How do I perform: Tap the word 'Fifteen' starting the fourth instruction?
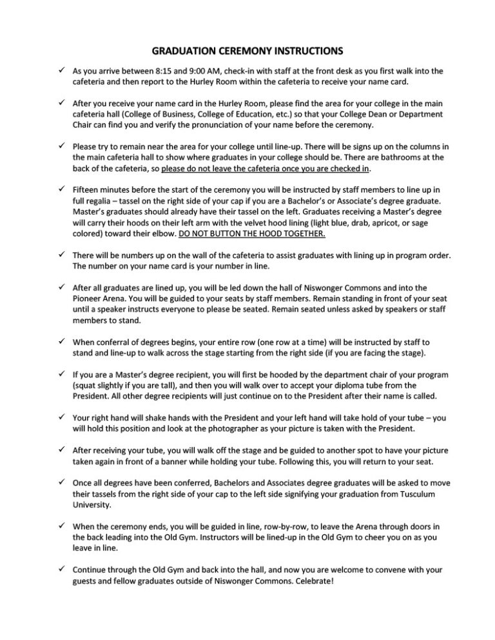pos(86,191)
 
